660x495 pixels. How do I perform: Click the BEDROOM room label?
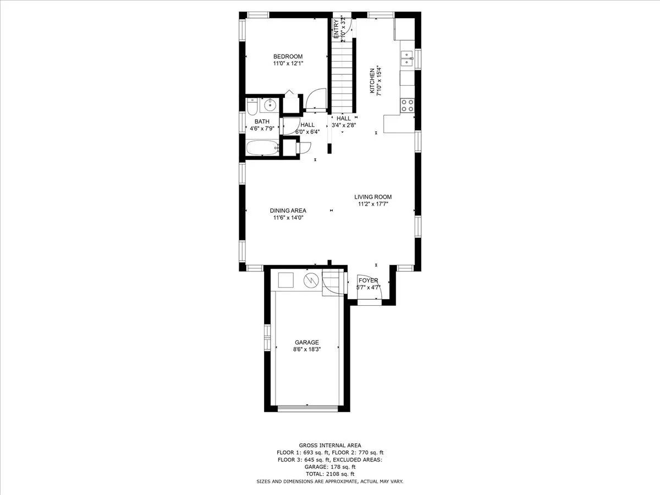pos(288,57)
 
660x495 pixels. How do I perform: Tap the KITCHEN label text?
pos(372,81)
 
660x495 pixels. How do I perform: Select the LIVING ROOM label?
pos(373,197)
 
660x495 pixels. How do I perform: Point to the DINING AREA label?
pos(288,211)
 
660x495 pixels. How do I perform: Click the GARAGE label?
pos(307,342)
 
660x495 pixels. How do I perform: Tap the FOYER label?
pos(369,280)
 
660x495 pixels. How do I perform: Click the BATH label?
pos(262,122)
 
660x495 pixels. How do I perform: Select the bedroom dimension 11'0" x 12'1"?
pos(288,63)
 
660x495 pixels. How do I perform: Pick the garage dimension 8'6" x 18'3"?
pos(307,349)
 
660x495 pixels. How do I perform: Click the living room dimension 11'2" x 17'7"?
pos(373,204)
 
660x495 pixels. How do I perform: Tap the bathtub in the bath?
pos(262,148)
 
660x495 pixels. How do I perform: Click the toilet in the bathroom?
pos(252,107)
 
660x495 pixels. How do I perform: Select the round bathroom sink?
pos(269,105)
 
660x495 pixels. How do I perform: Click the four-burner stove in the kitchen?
pos(407,106)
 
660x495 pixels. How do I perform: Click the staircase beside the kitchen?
pos(342,76)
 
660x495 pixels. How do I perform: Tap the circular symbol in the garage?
pos(311,280)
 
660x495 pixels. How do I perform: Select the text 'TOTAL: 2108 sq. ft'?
pos(330,474)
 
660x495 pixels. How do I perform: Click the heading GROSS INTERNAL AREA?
pos(330,446)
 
